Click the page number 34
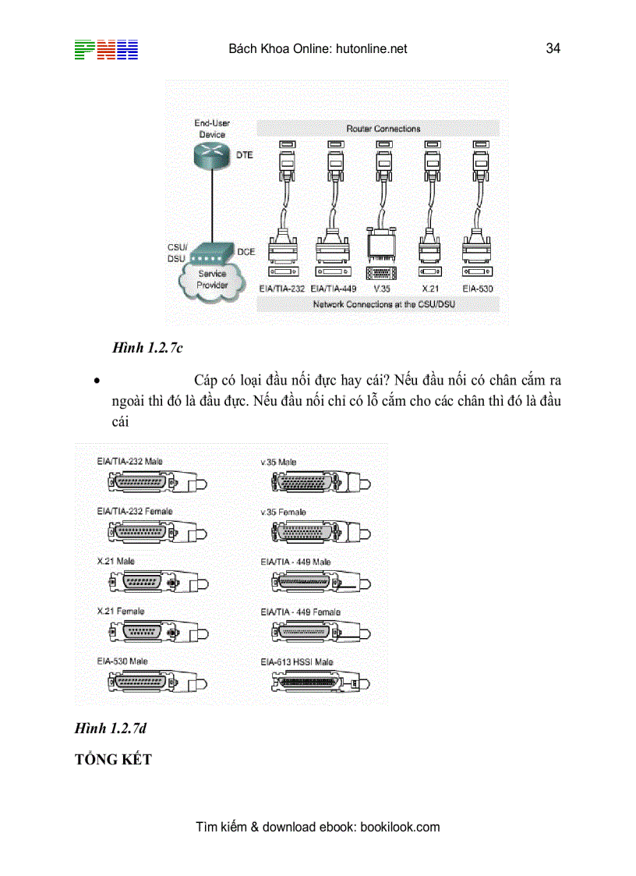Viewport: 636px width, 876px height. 553,48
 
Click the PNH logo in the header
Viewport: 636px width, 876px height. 106,49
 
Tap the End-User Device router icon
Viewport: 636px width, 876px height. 211,154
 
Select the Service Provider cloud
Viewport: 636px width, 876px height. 211,280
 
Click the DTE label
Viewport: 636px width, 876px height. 245,155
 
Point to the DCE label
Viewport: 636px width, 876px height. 246,252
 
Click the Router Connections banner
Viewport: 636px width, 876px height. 383,129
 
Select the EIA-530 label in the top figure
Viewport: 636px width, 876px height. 476,289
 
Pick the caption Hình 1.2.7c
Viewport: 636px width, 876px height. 147,349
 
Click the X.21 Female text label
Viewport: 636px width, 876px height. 121,612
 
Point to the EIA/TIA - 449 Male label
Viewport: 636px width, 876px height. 295,562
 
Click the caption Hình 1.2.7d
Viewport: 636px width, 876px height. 111,729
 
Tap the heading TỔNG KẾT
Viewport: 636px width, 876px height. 113,759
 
